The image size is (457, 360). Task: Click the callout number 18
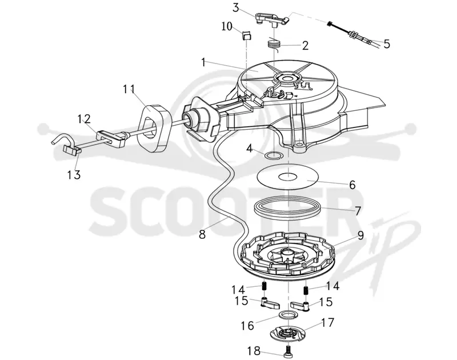(254, 351)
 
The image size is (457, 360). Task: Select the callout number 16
(247, 325)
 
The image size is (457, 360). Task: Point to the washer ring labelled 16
(287, 314)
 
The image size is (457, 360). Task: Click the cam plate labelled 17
(287, 334)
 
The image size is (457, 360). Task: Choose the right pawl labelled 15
(300, 306)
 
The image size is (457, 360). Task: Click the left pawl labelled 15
(270, 303)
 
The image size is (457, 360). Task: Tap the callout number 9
(360, 235)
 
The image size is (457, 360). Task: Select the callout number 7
(358, 210)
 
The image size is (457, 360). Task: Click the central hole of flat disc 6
(288, 177)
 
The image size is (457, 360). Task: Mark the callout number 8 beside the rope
(202, 234)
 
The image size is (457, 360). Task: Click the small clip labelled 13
(72, 150)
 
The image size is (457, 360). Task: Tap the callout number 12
(84, 119)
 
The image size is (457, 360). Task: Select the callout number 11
(128, 89)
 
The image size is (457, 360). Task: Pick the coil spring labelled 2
(274, 45)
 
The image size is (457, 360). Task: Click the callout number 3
(235, 7)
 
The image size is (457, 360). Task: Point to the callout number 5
(387, 44)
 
